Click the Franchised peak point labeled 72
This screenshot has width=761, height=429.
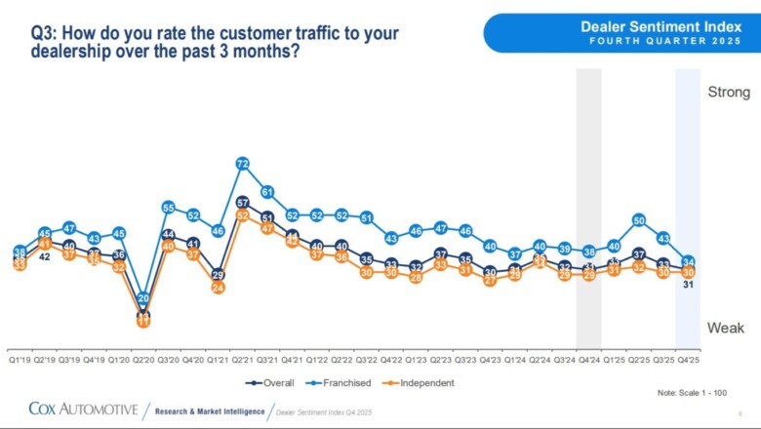pyautogui.click(x=243, y=165)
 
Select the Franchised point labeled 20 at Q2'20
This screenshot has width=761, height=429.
pyautogui.click(x=143, y=298)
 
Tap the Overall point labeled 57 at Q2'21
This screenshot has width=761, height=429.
pyautogui.click(x=243, y=203)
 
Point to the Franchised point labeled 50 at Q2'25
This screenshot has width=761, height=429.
pyautogui.click(x=639, y=220)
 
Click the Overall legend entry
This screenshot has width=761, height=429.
pyautogui.click(x=273, y=383)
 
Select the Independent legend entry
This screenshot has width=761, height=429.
pyautogui.click(x=421, y=383)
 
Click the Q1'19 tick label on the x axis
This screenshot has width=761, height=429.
pyautogui.click(x=20, y=359)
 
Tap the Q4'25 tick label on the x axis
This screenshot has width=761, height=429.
pyautogui.click(x=689, y=359)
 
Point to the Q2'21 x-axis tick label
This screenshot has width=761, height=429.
pyautogui.click(x=243, y=359)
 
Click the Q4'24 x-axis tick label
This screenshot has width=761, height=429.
pyautogui.click(x=589, y=359)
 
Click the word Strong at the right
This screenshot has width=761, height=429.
pyautogui.click(x=729, y=93)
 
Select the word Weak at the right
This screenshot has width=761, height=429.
pyautogui.click(x=726, y=328)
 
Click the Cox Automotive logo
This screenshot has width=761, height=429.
pyautogui.click(x=83, y=409)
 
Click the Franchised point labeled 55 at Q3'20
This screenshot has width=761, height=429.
pyautogui.click(x=168, y=208)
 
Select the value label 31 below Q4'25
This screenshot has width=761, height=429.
pyautogui.click(x=689, y=285)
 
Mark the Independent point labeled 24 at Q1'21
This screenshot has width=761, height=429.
pyautogui.click(x=218, y=288)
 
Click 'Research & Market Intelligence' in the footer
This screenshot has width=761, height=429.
pyautogui.click(x=208, y=412)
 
